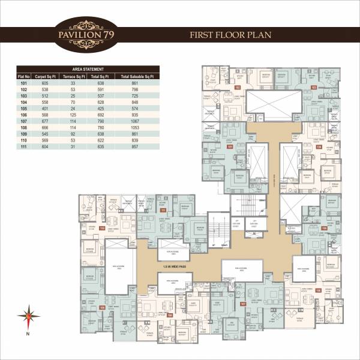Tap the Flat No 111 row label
(x=23, y=146)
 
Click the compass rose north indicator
(x=27, y=315)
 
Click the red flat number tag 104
(x=319, y=146)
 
